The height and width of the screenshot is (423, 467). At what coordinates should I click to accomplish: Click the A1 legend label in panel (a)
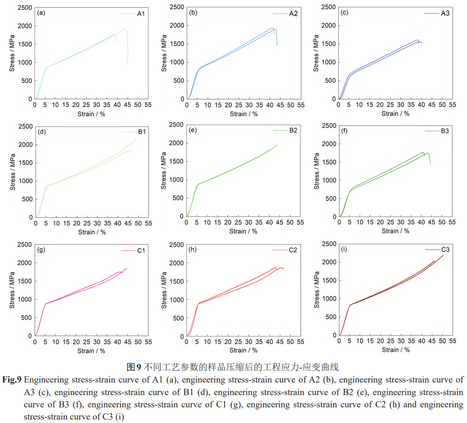(x=141, y=14)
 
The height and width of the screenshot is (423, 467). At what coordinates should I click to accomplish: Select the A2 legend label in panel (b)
(x=293, y=14)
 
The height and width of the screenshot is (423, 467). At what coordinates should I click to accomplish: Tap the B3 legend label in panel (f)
(x=445, y=131)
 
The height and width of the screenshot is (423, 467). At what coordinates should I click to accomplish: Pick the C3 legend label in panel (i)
(x=445, y=250)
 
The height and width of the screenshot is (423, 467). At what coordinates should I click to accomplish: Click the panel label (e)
(x=193, y=130)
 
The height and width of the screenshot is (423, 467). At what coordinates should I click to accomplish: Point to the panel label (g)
(x=41, y=250)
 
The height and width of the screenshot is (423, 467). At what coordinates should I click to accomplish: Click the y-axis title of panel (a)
(x=12, y=53)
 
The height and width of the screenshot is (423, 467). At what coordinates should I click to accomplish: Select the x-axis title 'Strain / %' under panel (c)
(x=395, y=113)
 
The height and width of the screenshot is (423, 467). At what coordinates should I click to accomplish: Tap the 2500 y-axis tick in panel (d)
(x=26, y=126)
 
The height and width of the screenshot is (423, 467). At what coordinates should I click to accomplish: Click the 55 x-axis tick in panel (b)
(x=301, y=105)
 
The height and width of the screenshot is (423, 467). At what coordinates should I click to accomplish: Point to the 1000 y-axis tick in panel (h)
(x=177, y=300)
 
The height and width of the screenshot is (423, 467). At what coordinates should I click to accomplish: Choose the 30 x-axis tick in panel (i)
(x=401, y=341)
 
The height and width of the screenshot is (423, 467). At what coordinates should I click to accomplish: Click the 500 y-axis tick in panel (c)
(x=331, y=81)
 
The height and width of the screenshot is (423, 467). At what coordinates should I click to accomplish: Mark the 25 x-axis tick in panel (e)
(x=238, y=222)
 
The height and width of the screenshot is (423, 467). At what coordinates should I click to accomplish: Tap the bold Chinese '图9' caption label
(x=134, y=367)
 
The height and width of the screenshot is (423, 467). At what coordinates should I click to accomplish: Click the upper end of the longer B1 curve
(x=136, y=139)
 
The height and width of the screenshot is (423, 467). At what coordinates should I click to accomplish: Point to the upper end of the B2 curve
(x=277, y=145)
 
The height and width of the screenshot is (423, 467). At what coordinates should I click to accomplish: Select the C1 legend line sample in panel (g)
(x=128, y=251)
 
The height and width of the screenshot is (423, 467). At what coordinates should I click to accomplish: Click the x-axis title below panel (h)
(x=243, y=350)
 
